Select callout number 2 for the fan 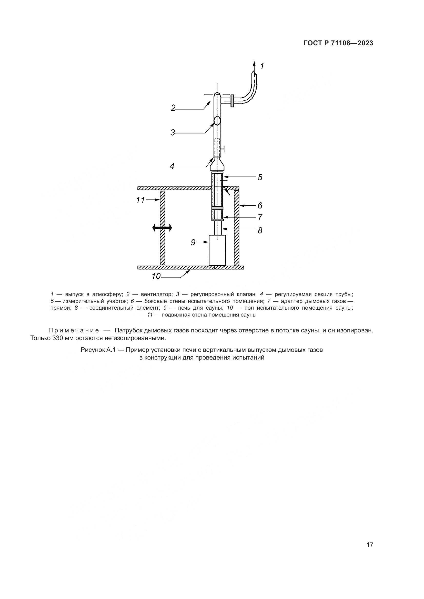173,108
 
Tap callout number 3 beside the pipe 173,133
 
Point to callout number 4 172,166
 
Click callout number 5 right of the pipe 260,177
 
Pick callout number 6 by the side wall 260,206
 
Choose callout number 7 260,217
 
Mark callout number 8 260,230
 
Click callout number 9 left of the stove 193,243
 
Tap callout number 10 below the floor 156,276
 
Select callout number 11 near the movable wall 140,200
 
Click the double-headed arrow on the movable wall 162,228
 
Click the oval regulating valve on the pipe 217,121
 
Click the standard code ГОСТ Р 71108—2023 338,43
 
